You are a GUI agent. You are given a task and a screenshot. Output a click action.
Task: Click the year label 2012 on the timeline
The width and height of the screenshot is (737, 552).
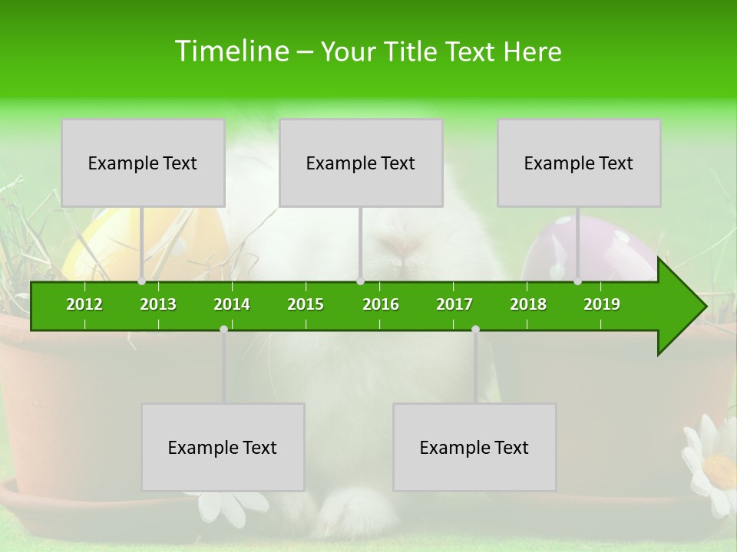pos(84,304)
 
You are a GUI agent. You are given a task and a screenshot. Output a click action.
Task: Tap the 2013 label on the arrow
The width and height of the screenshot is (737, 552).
pos(158,304)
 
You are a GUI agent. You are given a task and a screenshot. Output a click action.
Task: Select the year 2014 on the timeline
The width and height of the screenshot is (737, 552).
pos(232,304)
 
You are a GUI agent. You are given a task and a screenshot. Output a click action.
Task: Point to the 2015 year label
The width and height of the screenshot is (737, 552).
pos(306,304)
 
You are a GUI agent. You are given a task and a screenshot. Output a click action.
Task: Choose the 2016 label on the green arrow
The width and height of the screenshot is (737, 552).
pos(381,304)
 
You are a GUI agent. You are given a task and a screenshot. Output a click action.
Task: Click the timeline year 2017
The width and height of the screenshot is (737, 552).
pos(454,304)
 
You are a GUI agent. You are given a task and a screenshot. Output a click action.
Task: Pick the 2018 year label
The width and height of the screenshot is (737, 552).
pos(528,304)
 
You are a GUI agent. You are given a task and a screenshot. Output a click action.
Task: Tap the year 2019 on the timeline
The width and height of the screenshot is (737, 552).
pos(602,304)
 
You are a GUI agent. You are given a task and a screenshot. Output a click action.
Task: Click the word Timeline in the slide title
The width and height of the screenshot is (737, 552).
pos(231,51)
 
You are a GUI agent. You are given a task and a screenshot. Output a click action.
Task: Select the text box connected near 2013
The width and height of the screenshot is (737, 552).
pos(143,163)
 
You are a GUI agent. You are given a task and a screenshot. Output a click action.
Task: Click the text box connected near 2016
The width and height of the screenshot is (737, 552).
pos(361,163)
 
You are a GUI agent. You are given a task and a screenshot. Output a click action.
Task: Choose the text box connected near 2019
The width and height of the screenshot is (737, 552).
pos(579,163)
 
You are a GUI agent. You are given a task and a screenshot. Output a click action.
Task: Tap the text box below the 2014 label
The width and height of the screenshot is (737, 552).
pos(223,447)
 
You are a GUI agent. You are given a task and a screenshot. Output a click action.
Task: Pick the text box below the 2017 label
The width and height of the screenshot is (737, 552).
pos(474,447)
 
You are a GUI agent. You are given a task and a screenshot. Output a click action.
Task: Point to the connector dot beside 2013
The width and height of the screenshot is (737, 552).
pos(141,281)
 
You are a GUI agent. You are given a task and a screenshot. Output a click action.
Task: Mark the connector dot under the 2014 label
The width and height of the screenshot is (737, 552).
pos(223,329)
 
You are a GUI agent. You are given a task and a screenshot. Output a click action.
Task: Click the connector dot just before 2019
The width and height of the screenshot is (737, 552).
pos(577,281)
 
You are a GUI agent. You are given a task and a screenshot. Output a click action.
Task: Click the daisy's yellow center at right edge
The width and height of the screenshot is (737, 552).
pos(721,468)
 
